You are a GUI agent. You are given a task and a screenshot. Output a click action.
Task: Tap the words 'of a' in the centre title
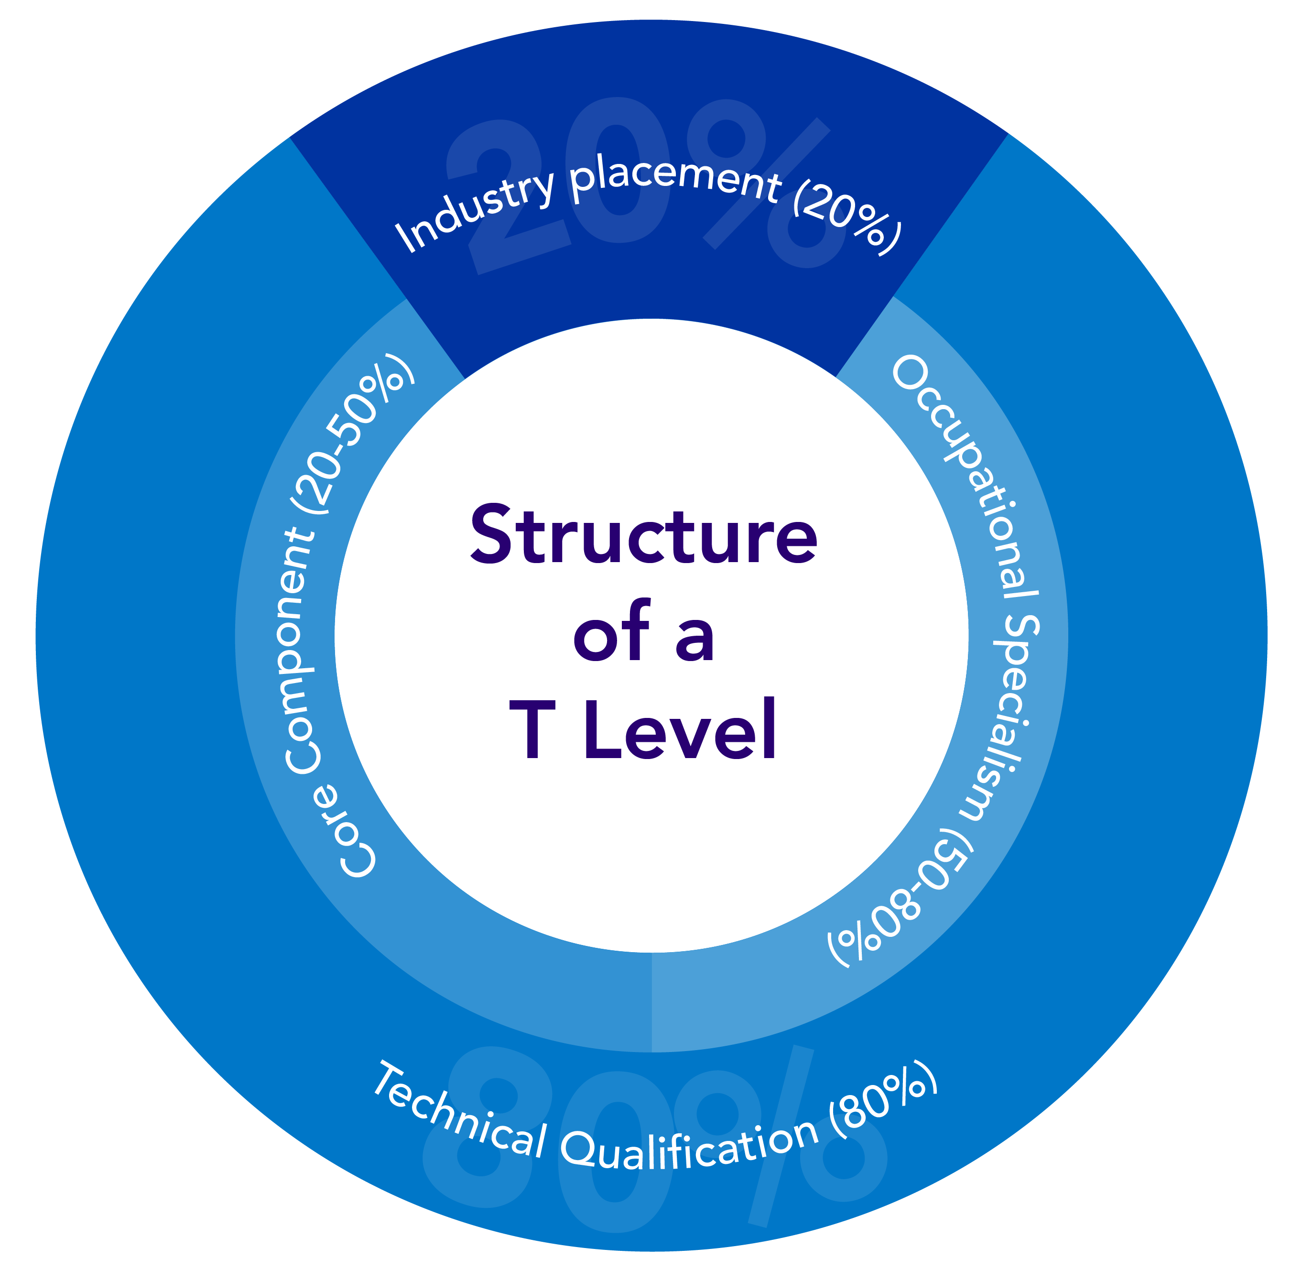point(644,632)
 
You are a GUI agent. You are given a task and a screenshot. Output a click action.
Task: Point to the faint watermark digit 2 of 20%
point(507,194)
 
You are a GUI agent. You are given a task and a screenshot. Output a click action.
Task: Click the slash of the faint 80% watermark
point(781,1134)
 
